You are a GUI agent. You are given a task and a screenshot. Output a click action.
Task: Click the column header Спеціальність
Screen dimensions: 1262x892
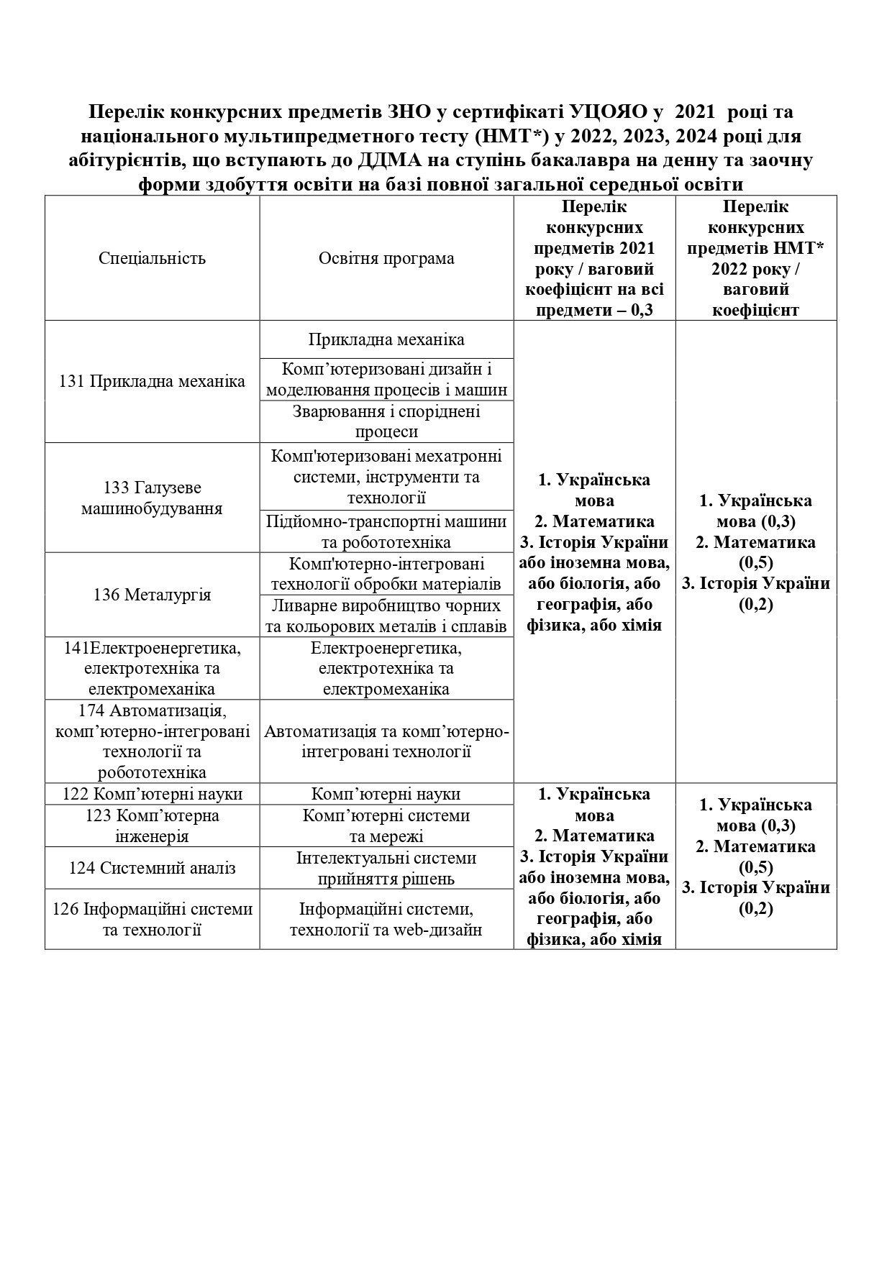click(152, 259)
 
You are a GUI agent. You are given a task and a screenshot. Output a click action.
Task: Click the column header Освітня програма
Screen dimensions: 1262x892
click(386, 259)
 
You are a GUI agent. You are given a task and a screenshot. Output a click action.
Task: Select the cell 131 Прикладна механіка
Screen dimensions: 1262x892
click(152, 381)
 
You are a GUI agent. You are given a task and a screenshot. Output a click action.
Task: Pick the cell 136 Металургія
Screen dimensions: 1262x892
click(152, 595)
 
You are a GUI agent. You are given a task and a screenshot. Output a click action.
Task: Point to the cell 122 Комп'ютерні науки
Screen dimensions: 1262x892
click(152, 794)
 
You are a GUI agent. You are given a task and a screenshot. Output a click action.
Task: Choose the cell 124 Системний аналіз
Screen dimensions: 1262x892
click(152, 868)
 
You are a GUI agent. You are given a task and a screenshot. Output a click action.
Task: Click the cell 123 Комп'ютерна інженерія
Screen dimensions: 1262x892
click(152, 826)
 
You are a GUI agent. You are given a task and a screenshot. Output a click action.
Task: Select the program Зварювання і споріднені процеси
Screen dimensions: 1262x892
click(386, 421)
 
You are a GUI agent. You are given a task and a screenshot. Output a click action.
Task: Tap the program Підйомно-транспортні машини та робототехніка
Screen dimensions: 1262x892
click(386, 531)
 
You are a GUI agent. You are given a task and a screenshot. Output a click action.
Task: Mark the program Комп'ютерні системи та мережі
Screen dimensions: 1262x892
click(386, 826)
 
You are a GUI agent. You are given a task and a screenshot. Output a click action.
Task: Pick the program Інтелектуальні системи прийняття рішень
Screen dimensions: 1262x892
click(386, 868)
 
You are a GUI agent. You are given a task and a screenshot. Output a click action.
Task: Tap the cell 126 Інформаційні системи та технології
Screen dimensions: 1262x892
click(152, 919)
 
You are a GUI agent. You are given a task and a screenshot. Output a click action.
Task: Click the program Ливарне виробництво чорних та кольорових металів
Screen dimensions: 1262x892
click(386, 616)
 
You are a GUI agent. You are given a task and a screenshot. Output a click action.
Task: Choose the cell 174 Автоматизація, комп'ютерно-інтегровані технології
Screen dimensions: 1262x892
click(152, 741)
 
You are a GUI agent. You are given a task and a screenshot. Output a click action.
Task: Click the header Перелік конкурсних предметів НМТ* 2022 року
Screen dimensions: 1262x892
click(755, 259)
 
